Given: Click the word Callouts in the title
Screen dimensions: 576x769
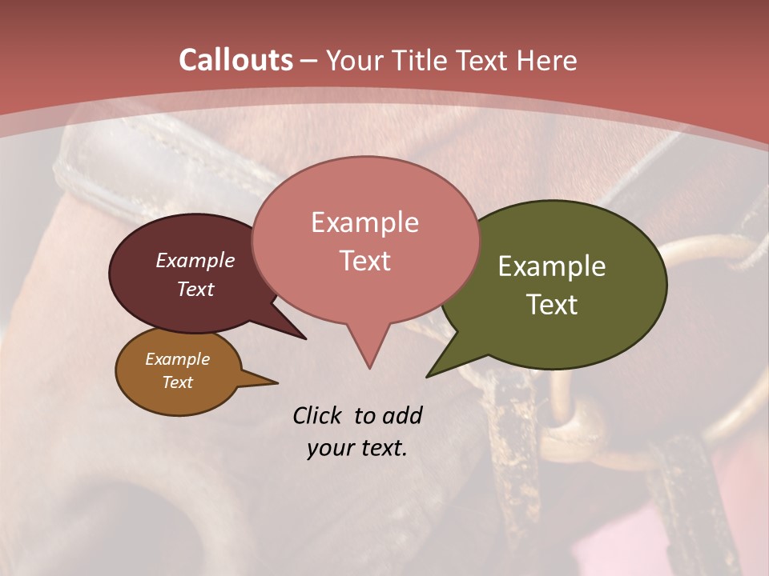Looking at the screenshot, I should point(236,60).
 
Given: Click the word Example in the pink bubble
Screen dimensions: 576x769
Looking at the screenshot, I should point(364,222).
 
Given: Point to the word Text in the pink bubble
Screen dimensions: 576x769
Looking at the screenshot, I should point(364,261).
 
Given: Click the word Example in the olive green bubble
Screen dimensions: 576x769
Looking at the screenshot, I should point(552,266).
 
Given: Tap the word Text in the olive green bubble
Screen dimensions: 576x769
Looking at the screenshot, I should point(552,305).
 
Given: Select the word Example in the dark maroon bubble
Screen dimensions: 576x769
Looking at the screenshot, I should point(195,260).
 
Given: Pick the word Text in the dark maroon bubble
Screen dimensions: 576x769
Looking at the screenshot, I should point(195,289).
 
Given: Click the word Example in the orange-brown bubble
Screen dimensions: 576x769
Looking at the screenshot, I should point(177,359).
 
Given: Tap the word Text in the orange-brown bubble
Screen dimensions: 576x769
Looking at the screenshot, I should point(177,382).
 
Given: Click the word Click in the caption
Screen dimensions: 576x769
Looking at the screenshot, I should point(318,415).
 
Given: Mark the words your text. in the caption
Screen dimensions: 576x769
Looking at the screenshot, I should point(357,448).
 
